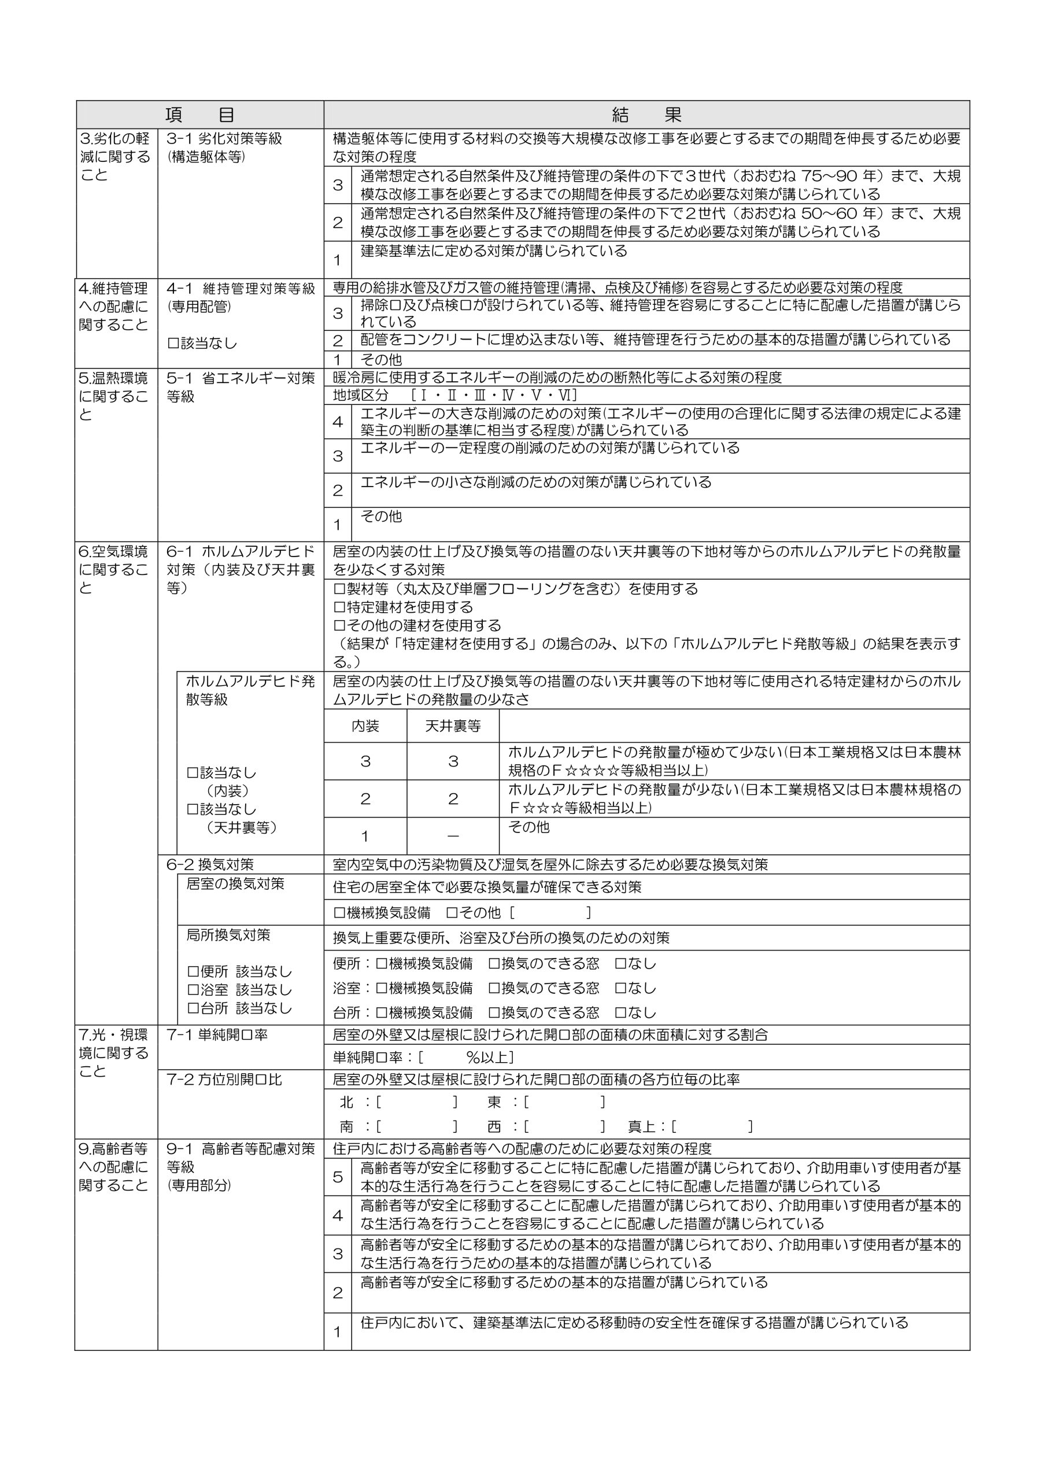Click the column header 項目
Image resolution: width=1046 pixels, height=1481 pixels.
click(x=199, y=115)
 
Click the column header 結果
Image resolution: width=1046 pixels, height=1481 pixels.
click(x=646, y=115)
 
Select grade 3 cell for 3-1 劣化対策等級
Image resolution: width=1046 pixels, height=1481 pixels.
click(x=337, y=185)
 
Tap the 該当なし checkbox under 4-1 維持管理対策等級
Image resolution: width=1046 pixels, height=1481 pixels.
click(x=173, y=344)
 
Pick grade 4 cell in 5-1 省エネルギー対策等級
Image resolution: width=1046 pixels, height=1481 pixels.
click(x=337, y=422)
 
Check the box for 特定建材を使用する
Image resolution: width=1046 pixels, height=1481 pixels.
click(x=339, y=607)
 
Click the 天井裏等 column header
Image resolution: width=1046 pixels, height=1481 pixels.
click(x=453, y=726)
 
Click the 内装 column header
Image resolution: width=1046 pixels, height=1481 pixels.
click(x=365, y=726)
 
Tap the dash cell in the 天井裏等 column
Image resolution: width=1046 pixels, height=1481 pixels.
click(x=453, y=837)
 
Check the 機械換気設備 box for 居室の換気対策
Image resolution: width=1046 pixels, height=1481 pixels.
click(x=339, y=913)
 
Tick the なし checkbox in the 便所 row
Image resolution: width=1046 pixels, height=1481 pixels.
click(x=621, y=964)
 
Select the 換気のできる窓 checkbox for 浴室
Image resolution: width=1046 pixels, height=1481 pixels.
click(x=494, y=988)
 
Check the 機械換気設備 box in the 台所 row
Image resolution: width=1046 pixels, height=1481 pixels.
click(x=382, y=1013)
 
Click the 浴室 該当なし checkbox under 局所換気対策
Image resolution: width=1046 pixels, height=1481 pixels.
click(x=193, y=989)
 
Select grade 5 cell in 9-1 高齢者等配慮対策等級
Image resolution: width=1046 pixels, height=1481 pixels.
click(x=337, y=1177)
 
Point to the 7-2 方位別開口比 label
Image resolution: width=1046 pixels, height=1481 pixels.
click(x=224, y=1080)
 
